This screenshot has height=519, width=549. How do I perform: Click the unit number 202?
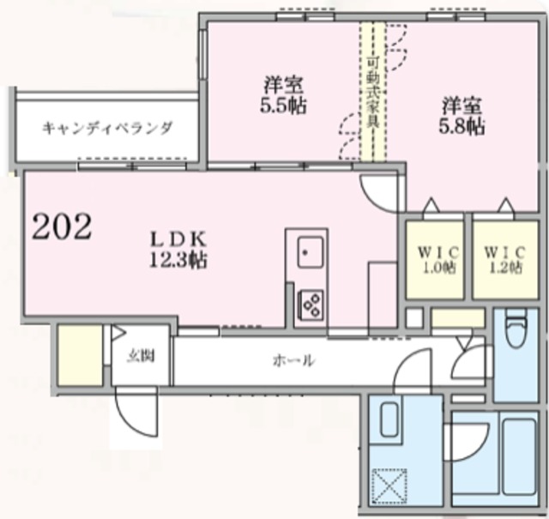62,226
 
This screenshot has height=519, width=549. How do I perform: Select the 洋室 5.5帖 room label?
283,95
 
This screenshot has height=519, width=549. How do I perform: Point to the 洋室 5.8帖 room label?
463,116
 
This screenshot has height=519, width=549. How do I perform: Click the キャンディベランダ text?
107,129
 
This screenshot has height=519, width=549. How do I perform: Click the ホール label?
293,361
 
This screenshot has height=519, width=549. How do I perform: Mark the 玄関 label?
141,357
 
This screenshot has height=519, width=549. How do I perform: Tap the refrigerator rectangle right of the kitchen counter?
382,292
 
